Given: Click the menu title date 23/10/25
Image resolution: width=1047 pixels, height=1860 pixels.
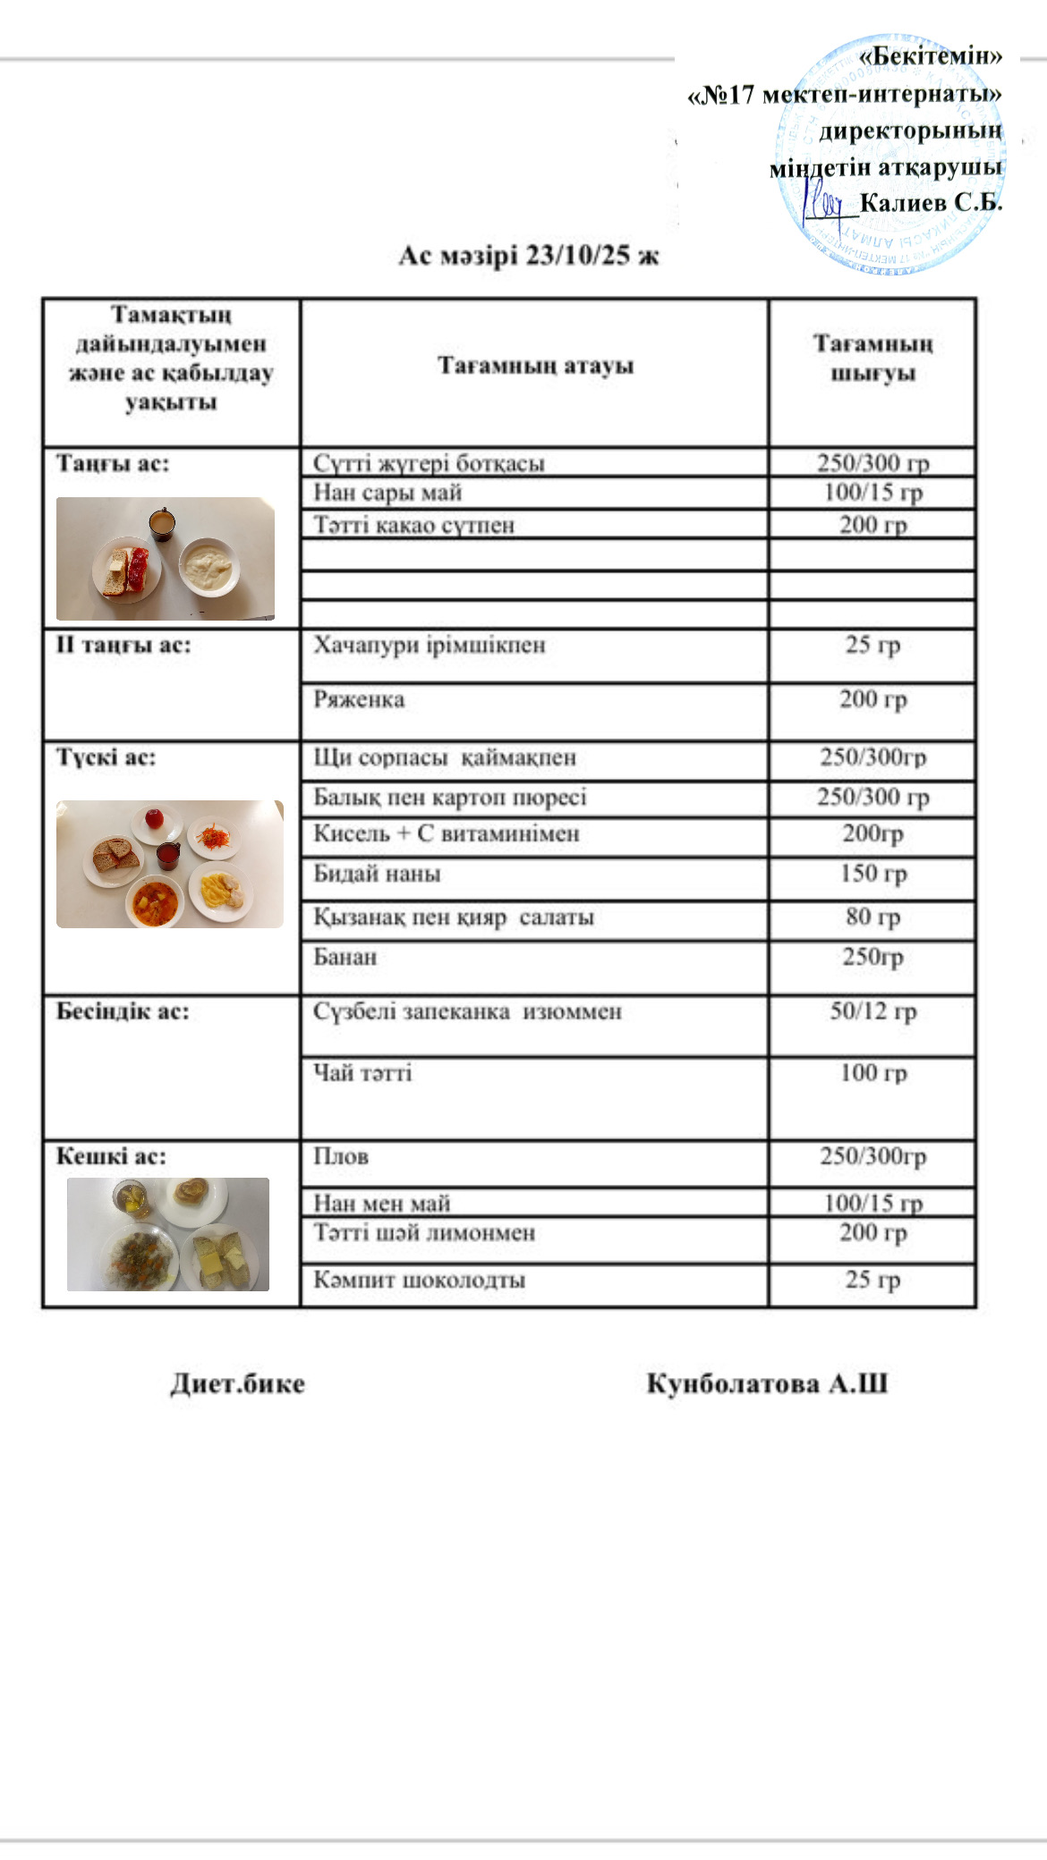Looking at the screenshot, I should pos(577,256).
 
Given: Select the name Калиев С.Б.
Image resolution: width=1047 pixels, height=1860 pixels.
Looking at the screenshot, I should pos(931,203).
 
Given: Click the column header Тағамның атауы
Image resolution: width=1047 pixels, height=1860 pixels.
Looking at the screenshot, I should pos(535,366).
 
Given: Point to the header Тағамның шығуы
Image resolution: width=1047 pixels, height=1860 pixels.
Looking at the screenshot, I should pos(872,359).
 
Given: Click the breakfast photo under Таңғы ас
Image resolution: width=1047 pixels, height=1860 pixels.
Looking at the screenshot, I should pos(166,559).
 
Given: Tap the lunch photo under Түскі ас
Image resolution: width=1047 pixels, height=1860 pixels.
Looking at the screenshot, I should pos(170,864).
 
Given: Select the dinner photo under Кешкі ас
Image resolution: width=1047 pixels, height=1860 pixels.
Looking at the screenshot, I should pos(168,1234).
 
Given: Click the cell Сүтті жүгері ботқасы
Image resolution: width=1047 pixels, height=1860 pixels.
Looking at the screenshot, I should pos(429,463).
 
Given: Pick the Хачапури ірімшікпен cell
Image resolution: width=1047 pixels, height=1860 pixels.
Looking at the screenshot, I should pos(429,646).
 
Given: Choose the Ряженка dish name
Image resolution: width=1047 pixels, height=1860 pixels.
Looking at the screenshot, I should pos(358,699).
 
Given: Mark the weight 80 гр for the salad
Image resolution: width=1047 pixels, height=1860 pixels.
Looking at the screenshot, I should pos(872,917).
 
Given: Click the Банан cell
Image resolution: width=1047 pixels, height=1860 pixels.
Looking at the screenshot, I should pos(345,958).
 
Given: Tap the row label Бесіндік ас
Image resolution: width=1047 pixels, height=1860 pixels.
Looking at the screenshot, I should pos(123,1012).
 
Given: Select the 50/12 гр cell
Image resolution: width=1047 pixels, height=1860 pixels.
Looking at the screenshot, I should pos(872,1011).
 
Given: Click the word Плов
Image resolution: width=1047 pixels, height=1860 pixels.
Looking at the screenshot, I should pos(341,1157).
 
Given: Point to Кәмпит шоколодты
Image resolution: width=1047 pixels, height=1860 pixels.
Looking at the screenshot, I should pos(419,1281).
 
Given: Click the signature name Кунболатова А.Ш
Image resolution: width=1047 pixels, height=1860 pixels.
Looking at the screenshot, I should pos(767,1384).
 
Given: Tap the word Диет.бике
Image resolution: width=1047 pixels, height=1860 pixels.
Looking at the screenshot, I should pos(237,1384).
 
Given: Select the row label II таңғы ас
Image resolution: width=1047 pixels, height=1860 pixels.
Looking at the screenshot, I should pos(123,646).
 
